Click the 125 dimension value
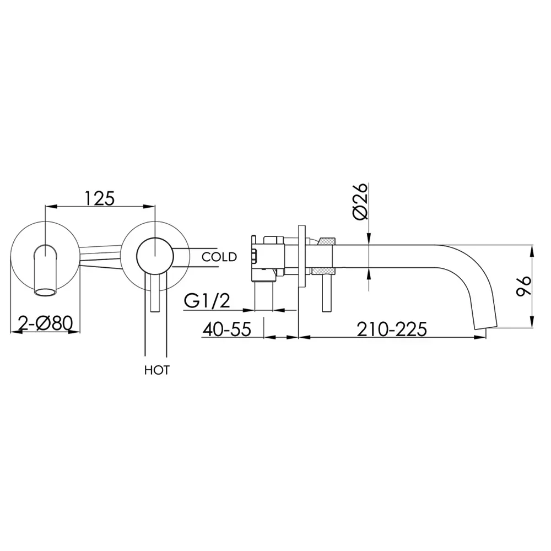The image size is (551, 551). click(99, 198)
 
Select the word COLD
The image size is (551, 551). click(219, 257)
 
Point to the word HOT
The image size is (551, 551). click(156, 370)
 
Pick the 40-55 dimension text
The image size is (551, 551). click(226, 329)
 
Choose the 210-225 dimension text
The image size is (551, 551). click(392, 329)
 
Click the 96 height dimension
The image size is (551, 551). click(523, 286)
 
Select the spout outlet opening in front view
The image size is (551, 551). click(45, 293)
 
